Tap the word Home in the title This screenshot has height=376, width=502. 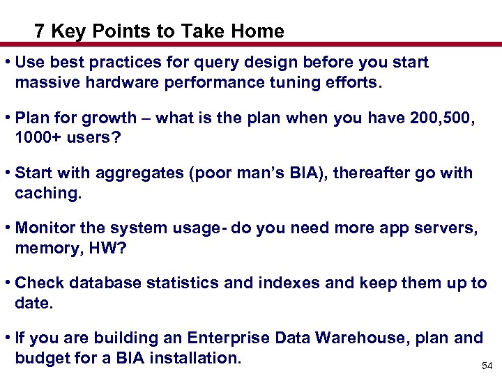pyautogui.click(x=259, y=31)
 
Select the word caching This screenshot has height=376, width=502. pyautogui.click(x=48, y=193)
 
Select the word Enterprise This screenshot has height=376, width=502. pyautogui.click(x=228, y=338)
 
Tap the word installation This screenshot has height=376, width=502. pyautogui.click(x=199, y=358)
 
